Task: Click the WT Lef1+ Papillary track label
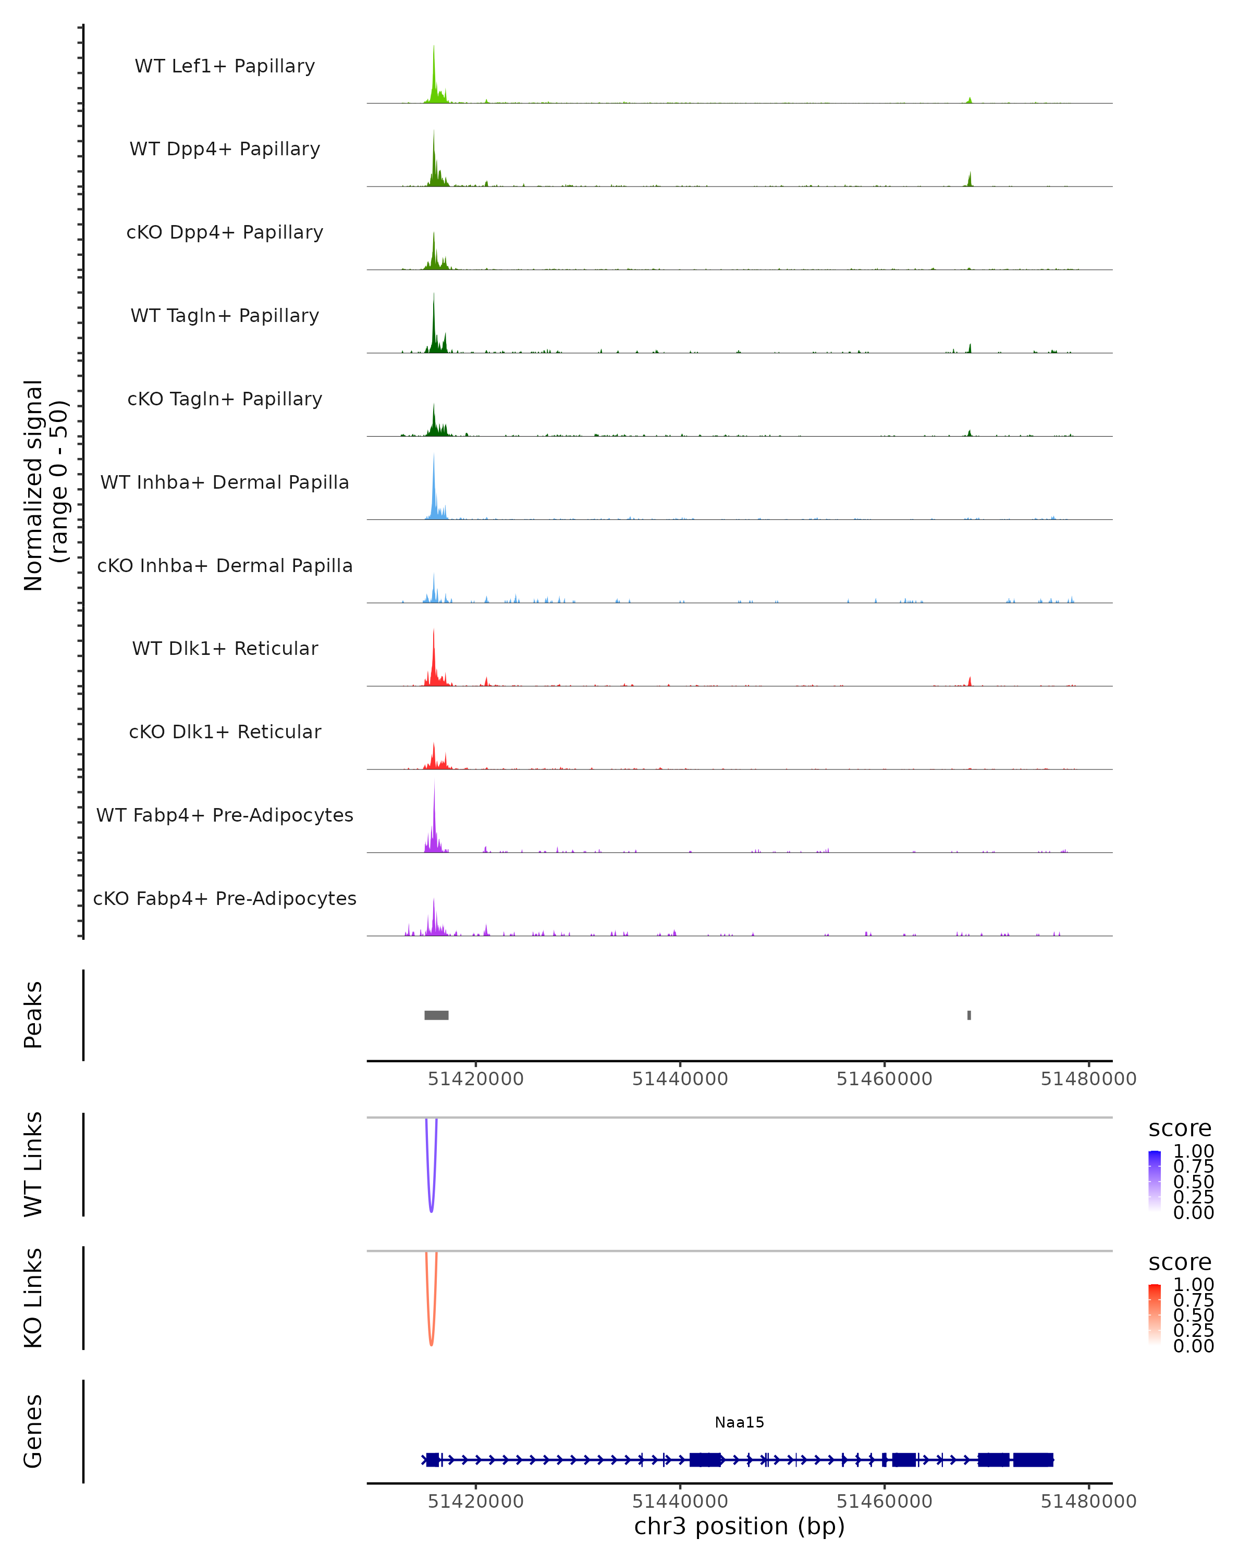tap(225, 66)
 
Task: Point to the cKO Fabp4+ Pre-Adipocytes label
tap(225, 898)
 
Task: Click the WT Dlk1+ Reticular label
tap(225, 648)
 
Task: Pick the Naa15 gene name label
tap(739, 1422)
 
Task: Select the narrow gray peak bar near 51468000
tap(969, 1015)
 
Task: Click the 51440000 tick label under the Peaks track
tap(680, 1079)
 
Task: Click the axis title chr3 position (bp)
tap(739, 1526)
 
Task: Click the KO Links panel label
tap(33, 1298)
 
